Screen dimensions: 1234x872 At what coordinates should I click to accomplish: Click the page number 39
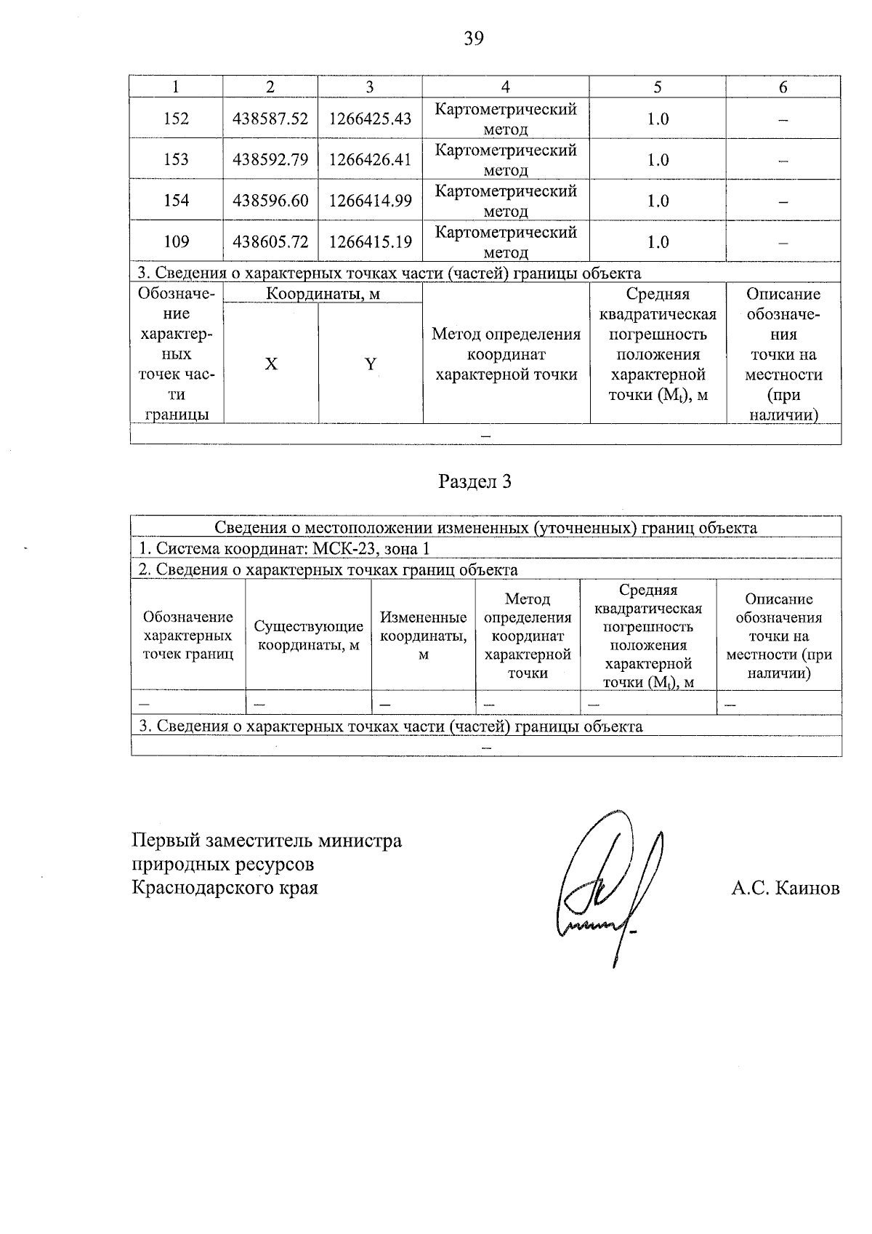tap(473, 39)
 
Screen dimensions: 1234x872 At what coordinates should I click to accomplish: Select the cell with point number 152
tap(176, 119)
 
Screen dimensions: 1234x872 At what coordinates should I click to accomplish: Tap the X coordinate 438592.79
tap(270, 159)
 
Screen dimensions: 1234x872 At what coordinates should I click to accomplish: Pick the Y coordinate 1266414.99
tap(370, 201)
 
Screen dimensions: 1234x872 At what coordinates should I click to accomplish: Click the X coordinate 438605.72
tap(270, 241)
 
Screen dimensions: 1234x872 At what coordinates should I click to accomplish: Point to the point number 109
tap(176, 241)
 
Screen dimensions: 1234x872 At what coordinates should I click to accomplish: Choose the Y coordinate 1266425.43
tap(370, 119)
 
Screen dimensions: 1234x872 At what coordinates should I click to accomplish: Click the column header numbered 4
tap(505, 87)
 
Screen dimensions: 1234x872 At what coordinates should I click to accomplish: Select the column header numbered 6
tap(783, 87)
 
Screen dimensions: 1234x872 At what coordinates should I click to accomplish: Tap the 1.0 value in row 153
tap(658, 159)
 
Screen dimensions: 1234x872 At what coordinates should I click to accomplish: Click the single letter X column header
tap(270, 364)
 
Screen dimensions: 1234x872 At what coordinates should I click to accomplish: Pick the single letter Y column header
tap(371, 364)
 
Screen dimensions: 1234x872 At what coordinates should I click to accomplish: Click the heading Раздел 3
tap(475, 481)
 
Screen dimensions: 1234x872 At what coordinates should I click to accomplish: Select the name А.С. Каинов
tap(785, 888)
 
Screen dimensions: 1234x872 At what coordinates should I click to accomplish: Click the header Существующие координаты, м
tap(308, 636)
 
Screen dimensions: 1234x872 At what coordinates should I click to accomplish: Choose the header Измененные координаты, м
tap(423, 636)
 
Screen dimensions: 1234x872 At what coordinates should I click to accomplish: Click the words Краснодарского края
tap(225, 888)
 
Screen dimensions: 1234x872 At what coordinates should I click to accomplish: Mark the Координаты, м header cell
tap(323, 294)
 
